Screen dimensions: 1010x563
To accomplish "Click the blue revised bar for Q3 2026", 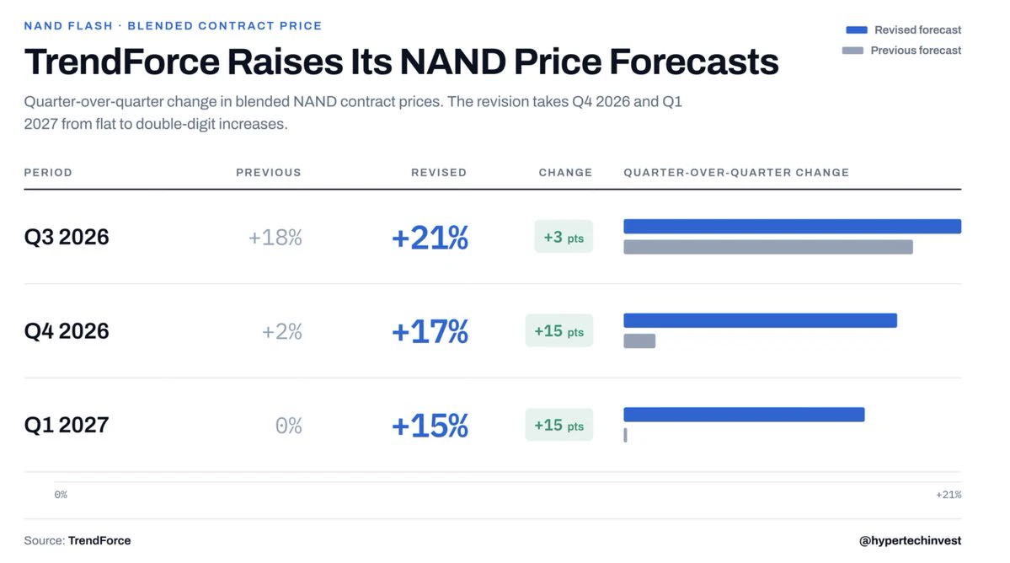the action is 793,226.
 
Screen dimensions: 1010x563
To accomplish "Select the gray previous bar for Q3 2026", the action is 767,247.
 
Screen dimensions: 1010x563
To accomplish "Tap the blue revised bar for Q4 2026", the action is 760,320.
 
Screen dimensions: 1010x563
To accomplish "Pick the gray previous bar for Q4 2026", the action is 639,340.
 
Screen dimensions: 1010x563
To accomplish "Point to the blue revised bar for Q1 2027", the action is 744,414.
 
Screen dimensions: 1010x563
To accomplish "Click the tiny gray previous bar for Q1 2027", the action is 625,435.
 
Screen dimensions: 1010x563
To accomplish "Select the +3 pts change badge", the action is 564,237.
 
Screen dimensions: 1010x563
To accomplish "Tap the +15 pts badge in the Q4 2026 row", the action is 559,331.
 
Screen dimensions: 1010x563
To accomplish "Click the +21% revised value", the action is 430,238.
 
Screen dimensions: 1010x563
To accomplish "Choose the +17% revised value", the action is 430,332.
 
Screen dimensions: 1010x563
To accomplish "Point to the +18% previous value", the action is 275,238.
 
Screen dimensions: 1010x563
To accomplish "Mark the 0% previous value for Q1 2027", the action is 289,426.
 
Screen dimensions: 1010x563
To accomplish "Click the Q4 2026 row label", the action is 67,331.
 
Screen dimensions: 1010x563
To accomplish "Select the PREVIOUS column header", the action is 269,173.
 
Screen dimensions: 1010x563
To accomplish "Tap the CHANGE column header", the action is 565,173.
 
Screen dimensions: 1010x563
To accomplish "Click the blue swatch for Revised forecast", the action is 857,29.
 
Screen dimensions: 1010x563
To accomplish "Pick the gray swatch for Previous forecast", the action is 852,51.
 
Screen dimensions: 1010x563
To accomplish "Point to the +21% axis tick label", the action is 949,495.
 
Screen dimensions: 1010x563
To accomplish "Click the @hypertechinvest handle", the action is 910,540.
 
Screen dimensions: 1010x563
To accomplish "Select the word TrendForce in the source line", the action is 99,540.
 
